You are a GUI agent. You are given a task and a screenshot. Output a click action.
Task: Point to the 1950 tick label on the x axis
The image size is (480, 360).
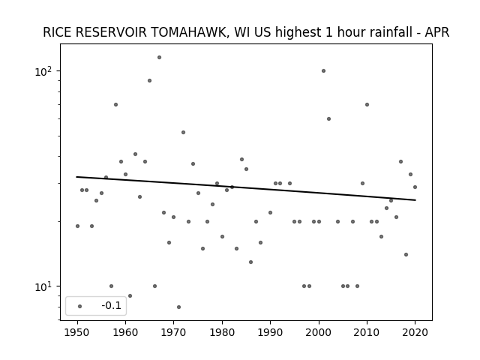(77, 332)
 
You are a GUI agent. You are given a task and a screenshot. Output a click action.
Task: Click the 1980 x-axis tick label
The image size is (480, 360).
(222, 332)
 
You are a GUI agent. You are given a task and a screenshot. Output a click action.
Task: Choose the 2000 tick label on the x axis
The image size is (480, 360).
(319, 332)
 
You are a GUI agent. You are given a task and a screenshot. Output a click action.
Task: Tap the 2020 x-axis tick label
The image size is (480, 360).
(415, 332)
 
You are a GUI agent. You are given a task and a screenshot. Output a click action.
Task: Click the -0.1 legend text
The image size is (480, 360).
(112, 305)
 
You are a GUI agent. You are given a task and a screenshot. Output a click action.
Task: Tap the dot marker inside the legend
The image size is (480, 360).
(80, 306)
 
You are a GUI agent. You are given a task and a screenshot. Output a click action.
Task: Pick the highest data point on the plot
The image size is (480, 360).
(159, 57)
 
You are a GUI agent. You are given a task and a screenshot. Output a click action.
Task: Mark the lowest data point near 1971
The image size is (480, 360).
(178, 307)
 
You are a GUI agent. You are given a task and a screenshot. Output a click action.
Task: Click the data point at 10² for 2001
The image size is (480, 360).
(323, 71)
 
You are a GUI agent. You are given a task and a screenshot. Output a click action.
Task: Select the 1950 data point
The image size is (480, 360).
(77, 226)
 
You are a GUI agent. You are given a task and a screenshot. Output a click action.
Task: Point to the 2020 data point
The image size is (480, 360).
(415, 187)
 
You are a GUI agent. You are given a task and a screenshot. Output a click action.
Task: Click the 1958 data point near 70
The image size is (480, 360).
(115, 105)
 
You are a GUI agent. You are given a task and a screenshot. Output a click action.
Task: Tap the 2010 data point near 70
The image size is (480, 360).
(367, 105)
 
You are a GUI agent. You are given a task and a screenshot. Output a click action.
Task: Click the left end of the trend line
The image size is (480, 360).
(76, 177)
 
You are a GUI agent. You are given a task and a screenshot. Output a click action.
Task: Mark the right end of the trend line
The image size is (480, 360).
(415, 200)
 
